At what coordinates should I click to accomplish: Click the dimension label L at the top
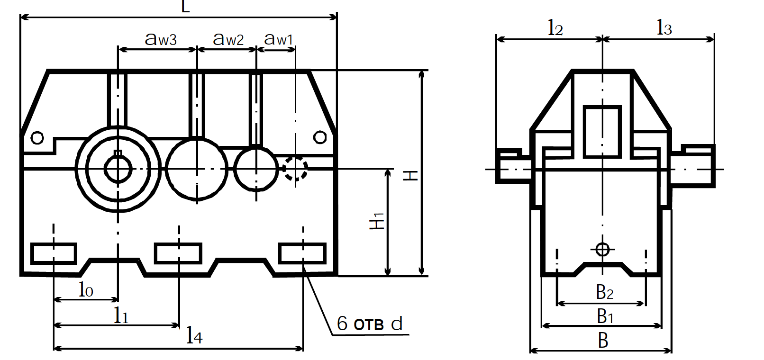(x=186, y=7)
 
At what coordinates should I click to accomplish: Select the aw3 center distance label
(x=161, y=39)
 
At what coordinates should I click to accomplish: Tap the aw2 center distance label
(x=228, y=39)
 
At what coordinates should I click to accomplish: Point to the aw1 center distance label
(x=278, y=39)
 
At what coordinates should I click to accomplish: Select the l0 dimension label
(x=86, y=290)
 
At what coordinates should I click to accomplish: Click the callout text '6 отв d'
(x=370, y=324)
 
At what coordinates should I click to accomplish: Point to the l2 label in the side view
(x=555, y=28)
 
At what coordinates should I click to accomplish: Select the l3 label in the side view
(x=664, y=28)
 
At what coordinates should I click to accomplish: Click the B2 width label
(x=604, y=292)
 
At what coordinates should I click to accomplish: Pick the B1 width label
(x=604, y=315)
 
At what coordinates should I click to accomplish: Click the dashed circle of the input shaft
(x=296, y=168)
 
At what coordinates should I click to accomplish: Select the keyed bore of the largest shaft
(x=118, y=169)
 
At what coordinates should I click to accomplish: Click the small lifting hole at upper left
(x=37, y=138)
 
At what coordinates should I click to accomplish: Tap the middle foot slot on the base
(x=178, y=253)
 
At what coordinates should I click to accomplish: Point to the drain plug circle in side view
(x=602, y=249)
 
